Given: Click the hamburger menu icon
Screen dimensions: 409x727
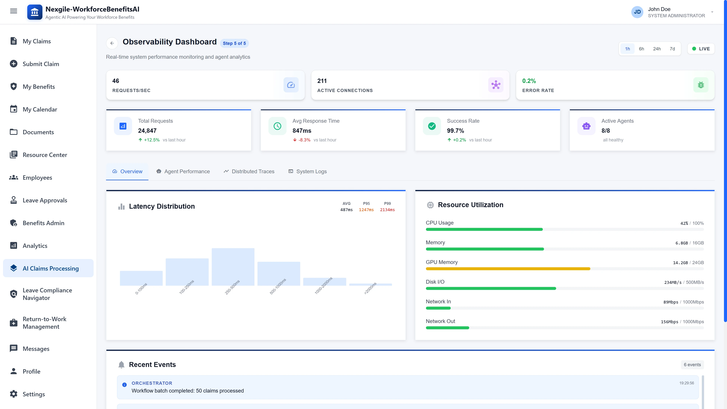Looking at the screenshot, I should pos(14,11).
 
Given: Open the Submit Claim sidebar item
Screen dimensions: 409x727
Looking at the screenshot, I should pos(41,64).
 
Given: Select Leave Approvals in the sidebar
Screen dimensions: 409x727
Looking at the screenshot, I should pos(45,200).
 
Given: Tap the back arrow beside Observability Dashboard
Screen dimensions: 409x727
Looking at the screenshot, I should pos(112,43).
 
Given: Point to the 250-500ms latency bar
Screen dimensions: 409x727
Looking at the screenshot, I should pos(233,267).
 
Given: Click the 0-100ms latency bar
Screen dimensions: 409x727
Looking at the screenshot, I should pos(141,278).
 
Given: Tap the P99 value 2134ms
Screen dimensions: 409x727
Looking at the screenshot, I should pos(387,210).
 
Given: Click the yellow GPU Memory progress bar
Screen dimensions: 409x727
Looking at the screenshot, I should pos(508,269).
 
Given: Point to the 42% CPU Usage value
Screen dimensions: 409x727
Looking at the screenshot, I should pos(684,223).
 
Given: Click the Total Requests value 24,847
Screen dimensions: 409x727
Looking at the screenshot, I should pos(147,131).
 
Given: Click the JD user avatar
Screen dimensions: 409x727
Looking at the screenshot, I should pos(637,12).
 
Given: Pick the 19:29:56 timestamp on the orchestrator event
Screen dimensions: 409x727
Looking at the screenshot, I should pos(686,383).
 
